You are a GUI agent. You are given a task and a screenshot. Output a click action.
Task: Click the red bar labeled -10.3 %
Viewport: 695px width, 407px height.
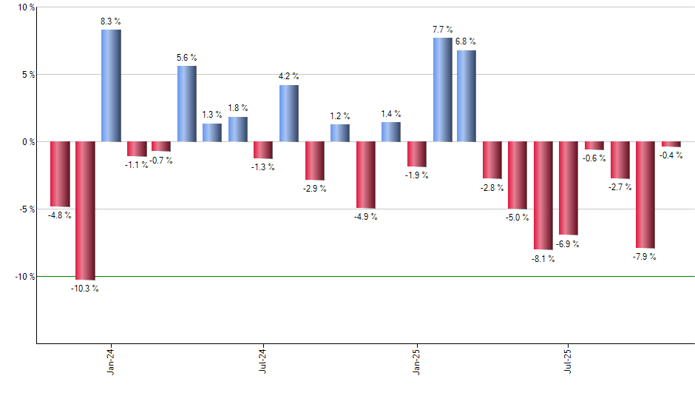click(x=85, y=210)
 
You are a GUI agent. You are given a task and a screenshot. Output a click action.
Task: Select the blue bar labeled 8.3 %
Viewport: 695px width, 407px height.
click(x=111, y=85)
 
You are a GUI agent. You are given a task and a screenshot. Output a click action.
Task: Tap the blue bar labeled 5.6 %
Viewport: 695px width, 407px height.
click(x=187, y=104)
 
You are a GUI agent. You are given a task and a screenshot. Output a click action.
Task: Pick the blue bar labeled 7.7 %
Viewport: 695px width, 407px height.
click(x=442, y=90)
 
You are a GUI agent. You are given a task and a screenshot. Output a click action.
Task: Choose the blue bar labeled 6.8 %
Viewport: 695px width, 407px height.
click(x=467, y=95)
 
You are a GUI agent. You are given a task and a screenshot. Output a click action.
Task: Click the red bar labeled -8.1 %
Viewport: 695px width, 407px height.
click(x=543, y=195)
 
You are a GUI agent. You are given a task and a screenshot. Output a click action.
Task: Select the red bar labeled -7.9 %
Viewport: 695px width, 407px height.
click(x=645, y=195)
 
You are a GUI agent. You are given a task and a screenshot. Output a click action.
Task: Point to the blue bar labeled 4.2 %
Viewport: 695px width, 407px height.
click(x=289, y=113)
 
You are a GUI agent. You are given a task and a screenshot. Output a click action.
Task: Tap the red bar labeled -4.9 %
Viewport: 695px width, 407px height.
click(x=365, y=175)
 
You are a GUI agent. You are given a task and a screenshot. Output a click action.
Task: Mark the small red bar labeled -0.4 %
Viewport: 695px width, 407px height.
click(x=671, y=144)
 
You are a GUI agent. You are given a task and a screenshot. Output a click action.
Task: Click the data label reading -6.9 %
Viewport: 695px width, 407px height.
click(x=569, y=243)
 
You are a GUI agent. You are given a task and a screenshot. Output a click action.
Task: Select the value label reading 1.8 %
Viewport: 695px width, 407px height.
click(x=238, y=108)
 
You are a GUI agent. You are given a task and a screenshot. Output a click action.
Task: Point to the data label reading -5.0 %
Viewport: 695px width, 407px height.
click(x=518, y=218)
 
